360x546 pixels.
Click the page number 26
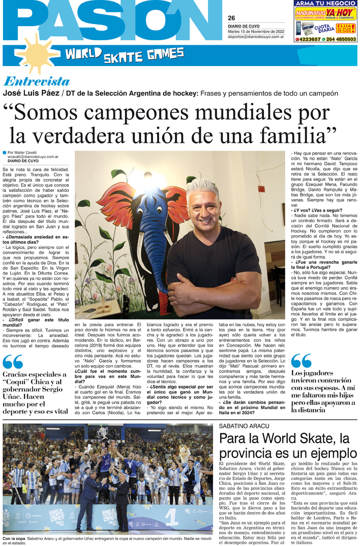tap(231, 18)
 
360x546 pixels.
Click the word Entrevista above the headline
tap(36, 81)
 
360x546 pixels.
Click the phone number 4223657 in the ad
tap(307, 39)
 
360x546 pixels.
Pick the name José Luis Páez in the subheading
tap(31, 93)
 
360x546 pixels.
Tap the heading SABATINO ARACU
tap(244, 425)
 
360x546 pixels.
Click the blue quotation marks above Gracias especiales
tap(12, 362)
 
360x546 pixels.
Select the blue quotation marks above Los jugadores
tap(301, 361)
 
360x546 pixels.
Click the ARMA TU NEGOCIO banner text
tap(325, 4)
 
